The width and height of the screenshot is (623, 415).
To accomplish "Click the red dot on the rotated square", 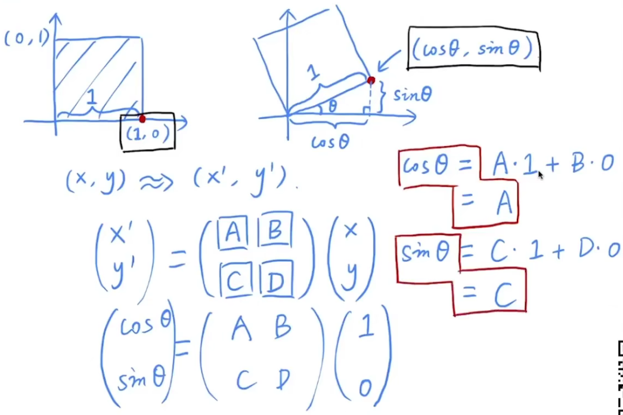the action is pyautogui.click(x=371, y=80).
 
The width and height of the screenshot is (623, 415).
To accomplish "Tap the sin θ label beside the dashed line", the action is pyautogui.click(x=412, y=94).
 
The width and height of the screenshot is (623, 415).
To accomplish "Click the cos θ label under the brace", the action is pyautogui.click(x=330, y=142).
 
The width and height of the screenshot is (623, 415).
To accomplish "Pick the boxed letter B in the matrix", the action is pyautogui.click(x=275, y=230).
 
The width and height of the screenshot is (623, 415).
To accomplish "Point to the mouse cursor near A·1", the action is pyautogui.click(x=540, y=175).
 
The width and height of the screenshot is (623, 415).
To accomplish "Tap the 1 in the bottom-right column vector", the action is pyautogui.click(x=365, y=329).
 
